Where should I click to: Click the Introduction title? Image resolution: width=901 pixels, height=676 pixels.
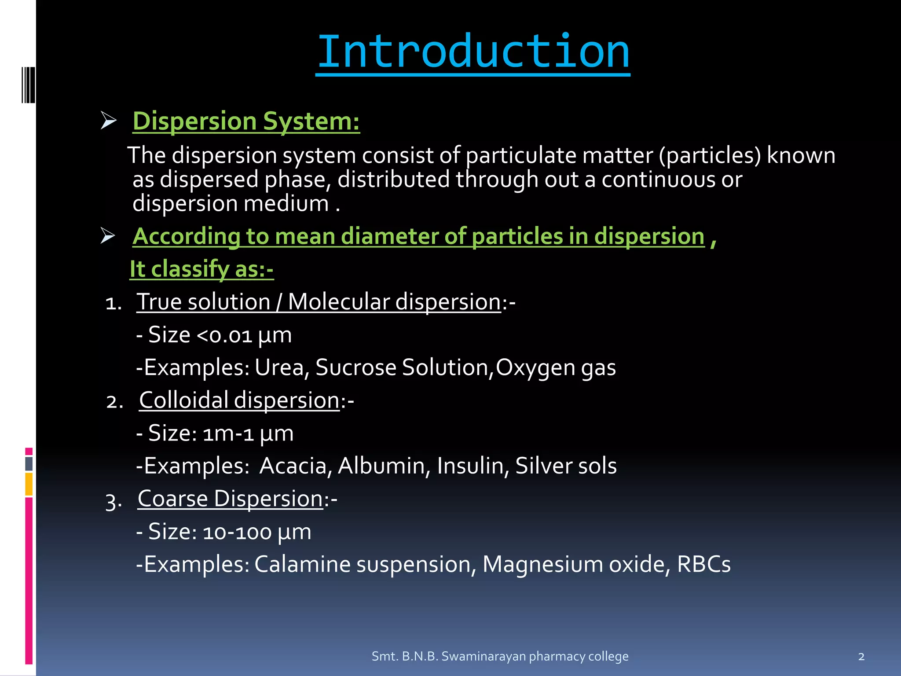tap(472, 52)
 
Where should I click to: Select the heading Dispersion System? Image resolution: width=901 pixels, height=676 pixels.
tap(246, 121)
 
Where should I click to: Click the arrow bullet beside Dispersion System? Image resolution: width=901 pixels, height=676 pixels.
tap(108, 121)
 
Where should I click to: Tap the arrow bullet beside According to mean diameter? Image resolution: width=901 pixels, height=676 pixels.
tap(108, 235)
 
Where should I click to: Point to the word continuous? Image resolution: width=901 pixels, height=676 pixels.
tap(658, 180)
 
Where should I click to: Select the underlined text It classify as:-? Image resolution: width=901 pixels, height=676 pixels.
tap(201, 269)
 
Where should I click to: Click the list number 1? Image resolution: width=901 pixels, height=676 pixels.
tap(114, 303)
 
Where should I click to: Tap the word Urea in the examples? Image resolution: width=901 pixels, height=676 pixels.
tap(279, 367)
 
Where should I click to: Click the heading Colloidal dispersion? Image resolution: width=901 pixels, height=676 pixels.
tap(239, 400)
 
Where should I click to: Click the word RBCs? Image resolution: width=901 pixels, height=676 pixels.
tap(703, 565)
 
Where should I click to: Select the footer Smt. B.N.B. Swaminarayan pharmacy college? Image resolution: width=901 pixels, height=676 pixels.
tap(500, 656)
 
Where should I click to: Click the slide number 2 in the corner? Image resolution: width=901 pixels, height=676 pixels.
tap(861, 657)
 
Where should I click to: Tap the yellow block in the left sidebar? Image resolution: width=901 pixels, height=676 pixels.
tap(29, 484)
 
